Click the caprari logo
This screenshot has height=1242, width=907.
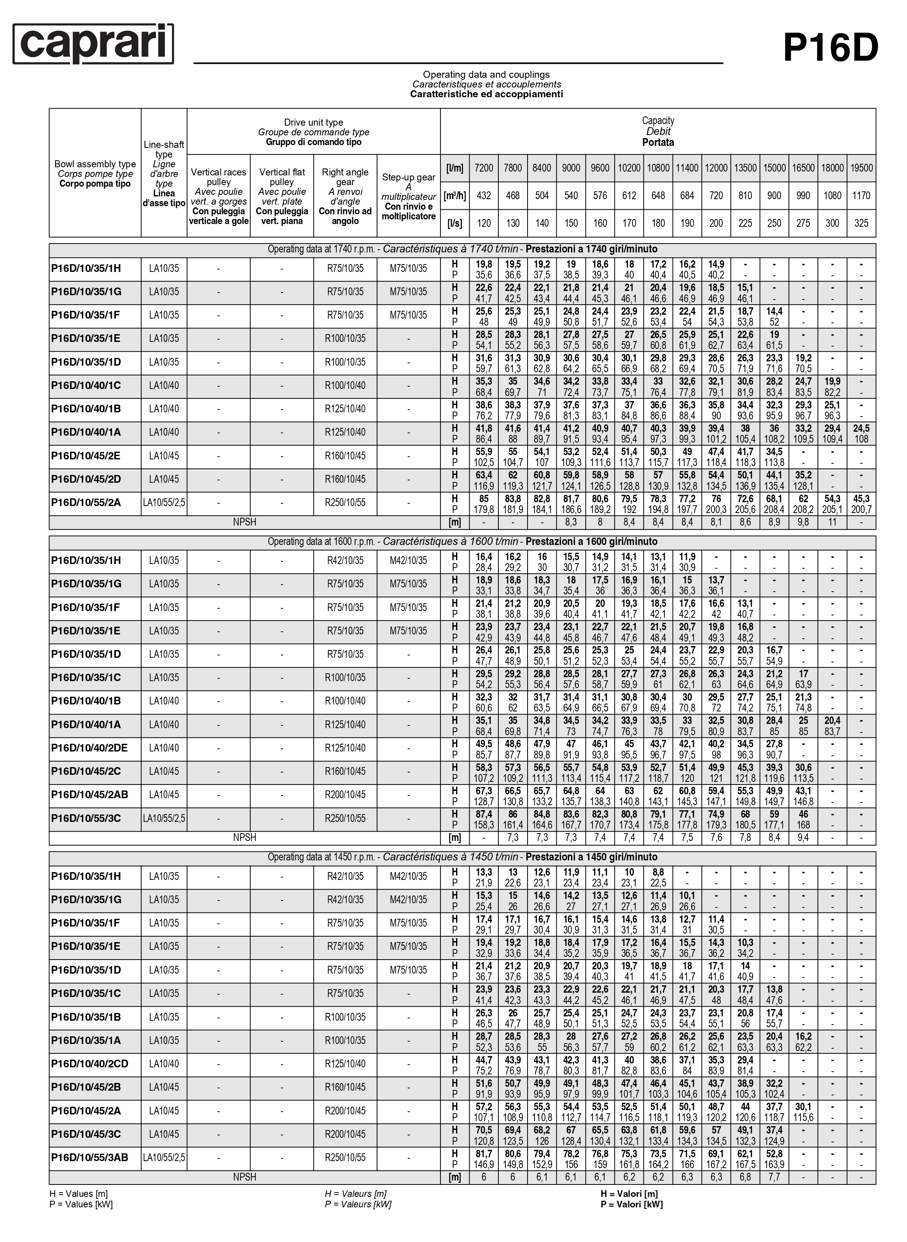tap(93, 44)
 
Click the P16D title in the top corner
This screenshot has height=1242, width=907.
tap(830, 48)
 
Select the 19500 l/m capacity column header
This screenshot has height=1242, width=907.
tap(861, 168)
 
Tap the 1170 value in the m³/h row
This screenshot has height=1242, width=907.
tap(861, 196)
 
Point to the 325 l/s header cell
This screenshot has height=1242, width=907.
tap(861, 223)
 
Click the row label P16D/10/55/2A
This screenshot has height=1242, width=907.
tap(86, 503)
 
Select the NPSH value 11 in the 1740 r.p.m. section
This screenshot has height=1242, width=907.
tap(832, 522)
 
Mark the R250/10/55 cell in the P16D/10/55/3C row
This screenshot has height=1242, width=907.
tap(345, 818)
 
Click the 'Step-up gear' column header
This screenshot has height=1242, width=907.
tap(409, 177)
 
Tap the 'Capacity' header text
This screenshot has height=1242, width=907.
tap(658, 120)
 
